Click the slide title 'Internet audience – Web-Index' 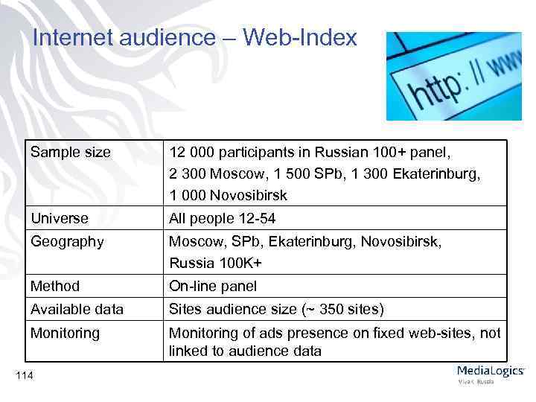click(x=195, y=38)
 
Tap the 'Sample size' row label click(x=70, y=153)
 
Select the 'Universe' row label click(x=59, y=219)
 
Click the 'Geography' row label click(x=66, y=241)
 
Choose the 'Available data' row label click(x=77, y=309)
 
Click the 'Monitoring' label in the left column click(x=65, y=333)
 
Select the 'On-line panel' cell click(x=213, y=286)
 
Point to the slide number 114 click(x=23, y=374)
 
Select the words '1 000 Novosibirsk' click(x=228, y=196)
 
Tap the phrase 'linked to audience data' click(x=245, y=351)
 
